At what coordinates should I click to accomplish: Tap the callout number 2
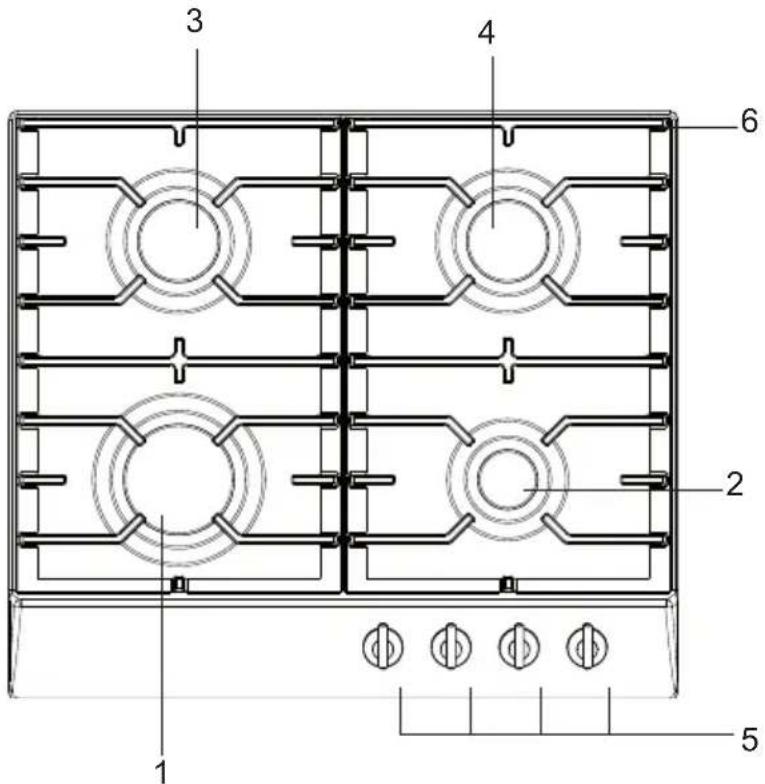[734, 484]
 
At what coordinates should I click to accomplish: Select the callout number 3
[194, 22]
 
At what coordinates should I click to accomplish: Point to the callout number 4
[486, 33]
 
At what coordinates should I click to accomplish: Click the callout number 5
[750, 739]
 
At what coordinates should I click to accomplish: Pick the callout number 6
[750, 121]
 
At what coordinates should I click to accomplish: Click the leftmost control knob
[383, 646]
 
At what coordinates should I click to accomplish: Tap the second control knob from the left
[451, 646]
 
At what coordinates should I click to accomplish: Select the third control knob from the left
[519, 646]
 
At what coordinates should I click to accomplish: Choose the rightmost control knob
[588, 646]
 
